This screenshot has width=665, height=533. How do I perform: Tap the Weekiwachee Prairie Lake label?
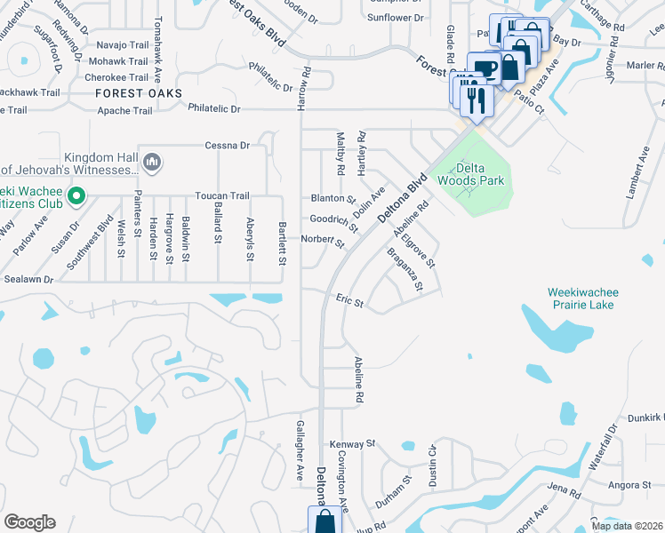[x=582, y=298]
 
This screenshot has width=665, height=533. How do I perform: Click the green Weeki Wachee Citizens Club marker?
[x=76, y=195]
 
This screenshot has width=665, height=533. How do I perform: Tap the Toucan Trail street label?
[x=222, y=195]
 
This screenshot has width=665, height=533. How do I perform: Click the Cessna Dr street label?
[x=227, y=145]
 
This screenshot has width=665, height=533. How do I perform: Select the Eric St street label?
[x=350, y=302]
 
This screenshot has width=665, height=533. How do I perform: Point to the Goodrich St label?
[x=333, y=221]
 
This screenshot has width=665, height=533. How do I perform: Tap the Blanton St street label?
[x=332, y=199]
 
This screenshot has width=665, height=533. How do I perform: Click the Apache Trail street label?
[x=124, y=111]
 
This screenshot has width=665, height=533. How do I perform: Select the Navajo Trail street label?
[x=122, y=44]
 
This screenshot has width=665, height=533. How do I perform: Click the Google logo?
[x=29, y=522]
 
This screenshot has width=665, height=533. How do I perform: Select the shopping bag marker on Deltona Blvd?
[x=324, y=521]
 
